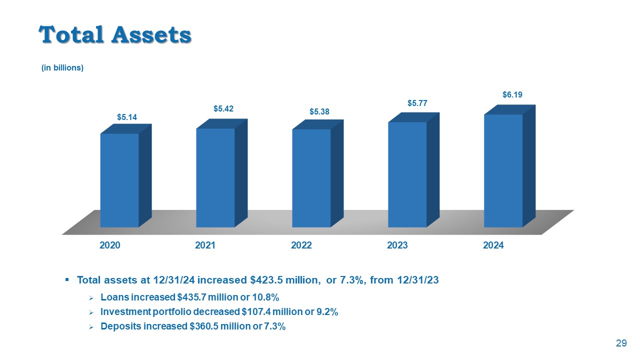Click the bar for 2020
tap(119, 180)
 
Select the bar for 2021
tap(215, 177)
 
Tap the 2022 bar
tap(311, 178)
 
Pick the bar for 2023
tap(407, 174)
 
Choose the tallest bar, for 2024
tap(503, 170)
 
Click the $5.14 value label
tap(127, 117)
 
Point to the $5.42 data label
tap(223, 108)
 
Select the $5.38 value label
tap(319, 112)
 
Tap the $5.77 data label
tap(417, 103)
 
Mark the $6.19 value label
tap(512, 94)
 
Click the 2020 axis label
tap(109, 245)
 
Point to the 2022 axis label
tap(301, 245)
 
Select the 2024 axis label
tap(493, 245)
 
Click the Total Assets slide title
tap(115, 34)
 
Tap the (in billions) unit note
tap(62, 68)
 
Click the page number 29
tap(621, 343)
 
